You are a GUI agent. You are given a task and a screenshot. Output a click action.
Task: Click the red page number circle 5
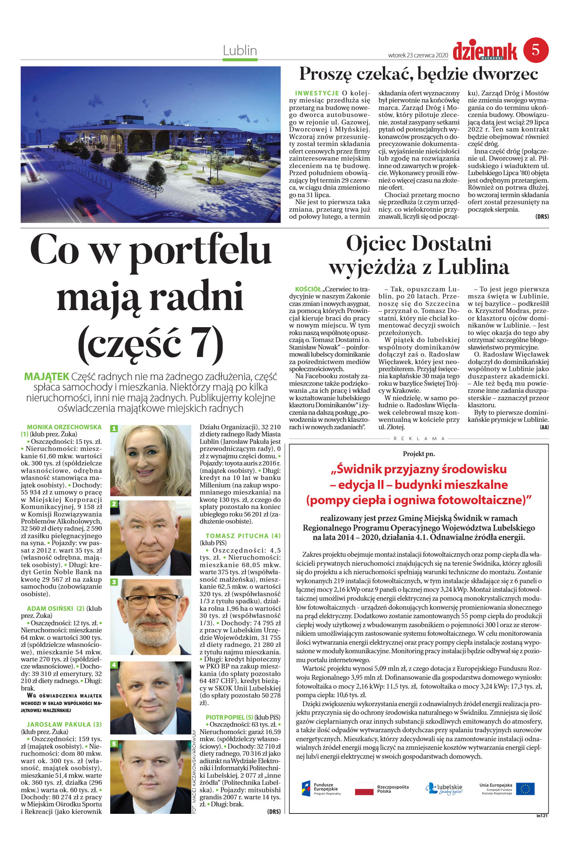(536, 50)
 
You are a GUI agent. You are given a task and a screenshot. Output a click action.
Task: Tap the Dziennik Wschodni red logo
(485, 51)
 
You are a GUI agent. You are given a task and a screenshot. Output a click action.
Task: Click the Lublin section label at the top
(240, 51)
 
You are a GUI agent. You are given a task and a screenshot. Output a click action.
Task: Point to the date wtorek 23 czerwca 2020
(418, 55)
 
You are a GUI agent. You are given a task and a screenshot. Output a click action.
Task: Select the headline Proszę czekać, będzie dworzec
(419, 74)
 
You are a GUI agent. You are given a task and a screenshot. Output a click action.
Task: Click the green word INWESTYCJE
(317, 93)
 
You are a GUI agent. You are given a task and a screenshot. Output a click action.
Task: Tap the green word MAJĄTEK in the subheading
(47, 376)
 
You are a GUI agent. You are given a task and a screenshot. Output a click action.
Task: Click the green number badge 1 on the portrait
(114, 429)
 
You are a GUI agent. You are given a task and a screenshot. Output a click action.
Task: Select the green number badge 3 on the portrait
(114, 582)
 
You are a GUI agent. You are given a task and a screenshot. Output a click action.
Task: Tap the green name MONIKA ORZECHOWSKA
(64, 427)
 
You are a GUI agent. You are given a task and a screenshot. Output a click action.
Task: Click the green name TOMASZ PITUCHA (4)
(243, 536)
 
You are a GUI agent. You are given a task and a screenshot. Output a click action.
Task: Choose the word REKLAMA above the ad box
(419, 439)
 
